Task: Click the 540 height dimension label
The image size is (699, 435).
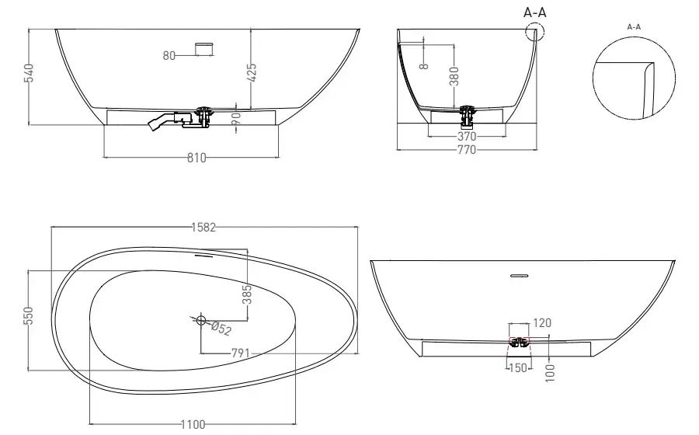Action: [29, 73]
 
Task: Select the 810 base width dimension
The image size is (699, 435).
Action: [196, 158]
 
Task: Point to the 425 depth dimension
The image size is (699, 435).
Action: [252, 73]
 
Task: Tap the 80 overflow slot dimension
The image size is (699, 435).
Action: [169, 56]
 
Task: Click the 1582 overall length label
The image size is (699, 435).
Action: [203, 228]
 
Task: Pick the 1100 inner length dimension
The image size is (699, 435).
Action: [193, 424]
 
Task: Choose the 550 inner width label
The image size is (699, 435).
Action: [28, 315]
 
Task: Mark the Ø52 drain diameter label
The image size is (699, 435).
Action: [221, 329]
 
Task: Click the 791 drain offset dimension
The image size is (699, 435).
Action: [241, 353]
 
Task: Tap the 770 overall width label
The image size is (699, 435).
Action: [467, 150]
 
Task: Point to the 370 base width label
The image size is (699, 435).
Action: [467, 137]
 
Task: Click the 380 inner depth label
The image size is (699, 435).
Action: [454, 76]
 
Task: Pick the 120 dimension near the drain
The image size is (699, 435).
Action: [542, 322]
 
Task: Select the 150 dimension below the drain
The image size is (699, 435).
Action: [517, 368]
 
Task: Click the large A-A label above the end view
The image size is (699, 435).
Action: [535, 12]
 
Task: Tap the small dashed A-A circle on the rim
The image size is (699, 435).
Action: [535, 23]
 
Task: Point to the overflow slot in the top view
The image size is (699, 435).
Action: [204, 256]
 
